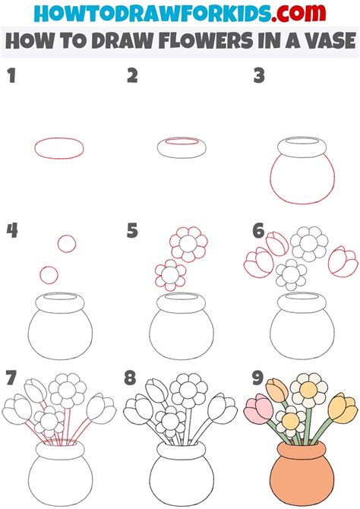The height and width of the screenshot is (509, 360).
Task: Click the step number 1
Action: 11,76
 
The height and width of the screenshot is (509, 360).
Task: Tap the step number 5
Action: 133,229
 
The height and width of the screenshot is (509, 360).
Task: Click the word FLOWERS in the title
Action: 198,43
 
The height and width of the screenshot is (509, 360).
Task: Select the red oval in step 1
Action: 58,147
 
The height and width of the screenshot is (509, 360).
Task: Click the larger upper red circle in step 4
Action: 68,243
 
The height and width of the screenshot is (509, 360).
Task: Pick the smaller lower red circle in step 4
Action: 49,273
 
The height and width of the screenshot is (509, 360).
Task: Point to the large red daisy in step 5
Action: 185,243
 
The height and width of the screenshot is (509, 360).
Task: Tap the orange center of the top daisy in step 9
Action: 308,390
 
